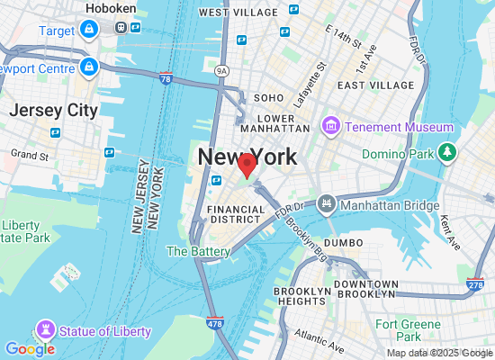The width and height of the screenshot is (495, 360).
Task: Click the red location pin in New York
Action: (247, 166)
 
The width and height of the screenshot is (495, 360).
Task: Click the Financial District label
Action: (237, 215)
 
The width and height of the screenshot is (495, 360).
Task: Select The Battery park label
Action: (198, 252)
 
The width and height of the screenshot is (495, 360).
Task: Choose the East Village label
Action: (374, 85)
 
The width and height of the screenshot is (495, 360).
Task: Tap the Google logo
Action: (30, 348)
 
